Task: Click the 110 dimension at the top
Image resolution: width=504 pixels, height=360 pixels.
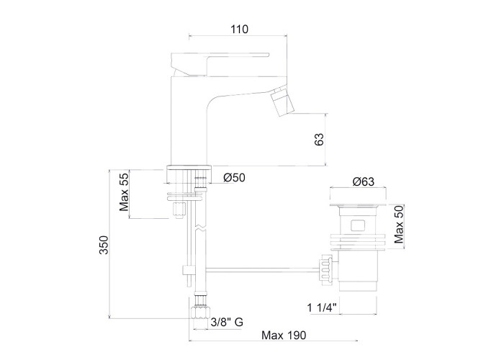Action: (240, 30)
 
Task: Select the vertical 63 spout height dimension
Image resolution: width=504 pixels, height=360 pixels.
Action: (319, 139)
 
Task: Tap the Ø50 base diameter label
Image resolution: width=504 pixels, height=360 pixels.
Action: (234, 177)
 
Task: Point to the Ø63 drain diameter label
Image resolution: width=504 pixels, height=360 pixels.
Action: (364, 181)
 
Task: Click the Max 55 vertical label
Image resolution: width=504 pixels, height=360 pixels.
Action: (124, 191)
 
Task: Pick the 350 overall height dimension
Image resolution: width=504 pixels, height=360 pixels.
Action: (104, 245)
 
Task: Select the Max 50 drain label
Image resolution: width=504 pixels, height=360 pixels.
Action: (399, 225)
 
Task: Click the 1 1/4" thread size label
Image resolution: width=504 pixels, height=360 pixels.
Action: (322, 307)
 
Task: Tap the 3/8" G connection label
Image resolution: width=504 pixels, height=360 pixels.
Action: (227, 322)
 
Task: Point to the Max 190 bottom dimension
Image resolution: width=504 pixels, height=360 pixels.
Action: (284, 336)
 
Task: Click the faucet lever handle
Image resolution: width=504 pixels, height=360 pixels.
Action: (220, 63)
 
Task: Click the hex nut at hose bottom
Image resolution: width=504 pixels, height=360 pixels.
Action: (199, 312)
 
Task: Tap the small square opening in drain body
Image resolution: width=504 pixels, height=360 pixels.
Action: (357, 225)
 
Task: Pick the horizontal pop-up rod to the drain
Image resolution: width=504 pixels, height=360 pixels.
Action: (261, 270)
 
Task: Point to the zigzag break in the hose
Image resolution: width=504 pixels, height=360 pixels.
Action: (199, 228)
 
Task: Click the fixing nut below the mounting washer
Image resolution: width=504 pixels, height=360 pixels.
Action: (179, 210)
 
